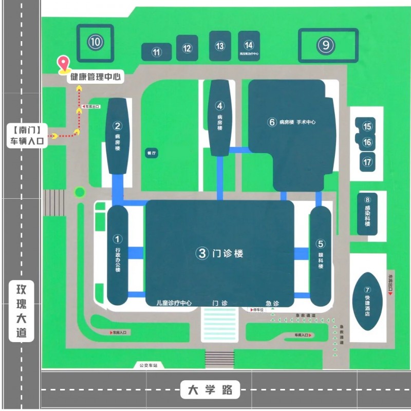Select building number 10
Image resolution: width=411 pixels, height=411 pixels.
coord(95,42)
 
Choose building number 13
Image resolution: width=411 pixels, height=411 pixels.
coord(220,46)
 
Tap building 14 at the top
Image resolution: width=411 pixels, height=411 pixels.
coord(249,46)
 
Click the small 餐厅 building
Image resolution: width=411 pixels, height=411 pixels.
coord(151,154)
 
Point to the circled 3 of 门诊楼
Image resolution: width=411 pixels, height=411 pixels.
coord(202,253)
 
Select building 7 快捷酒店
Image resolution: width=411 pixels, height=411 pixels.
coord(367,301)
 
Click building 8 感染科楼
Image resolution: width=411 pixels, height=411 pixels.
coord(367,213)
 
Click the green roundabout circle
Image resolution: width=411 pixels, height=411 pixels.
coord(79,193)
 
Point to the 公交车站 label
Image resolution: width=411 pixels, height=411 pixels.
coord(147,366)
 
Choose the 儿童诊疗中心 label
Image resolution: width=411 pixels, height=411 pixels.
coord(174,303)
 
